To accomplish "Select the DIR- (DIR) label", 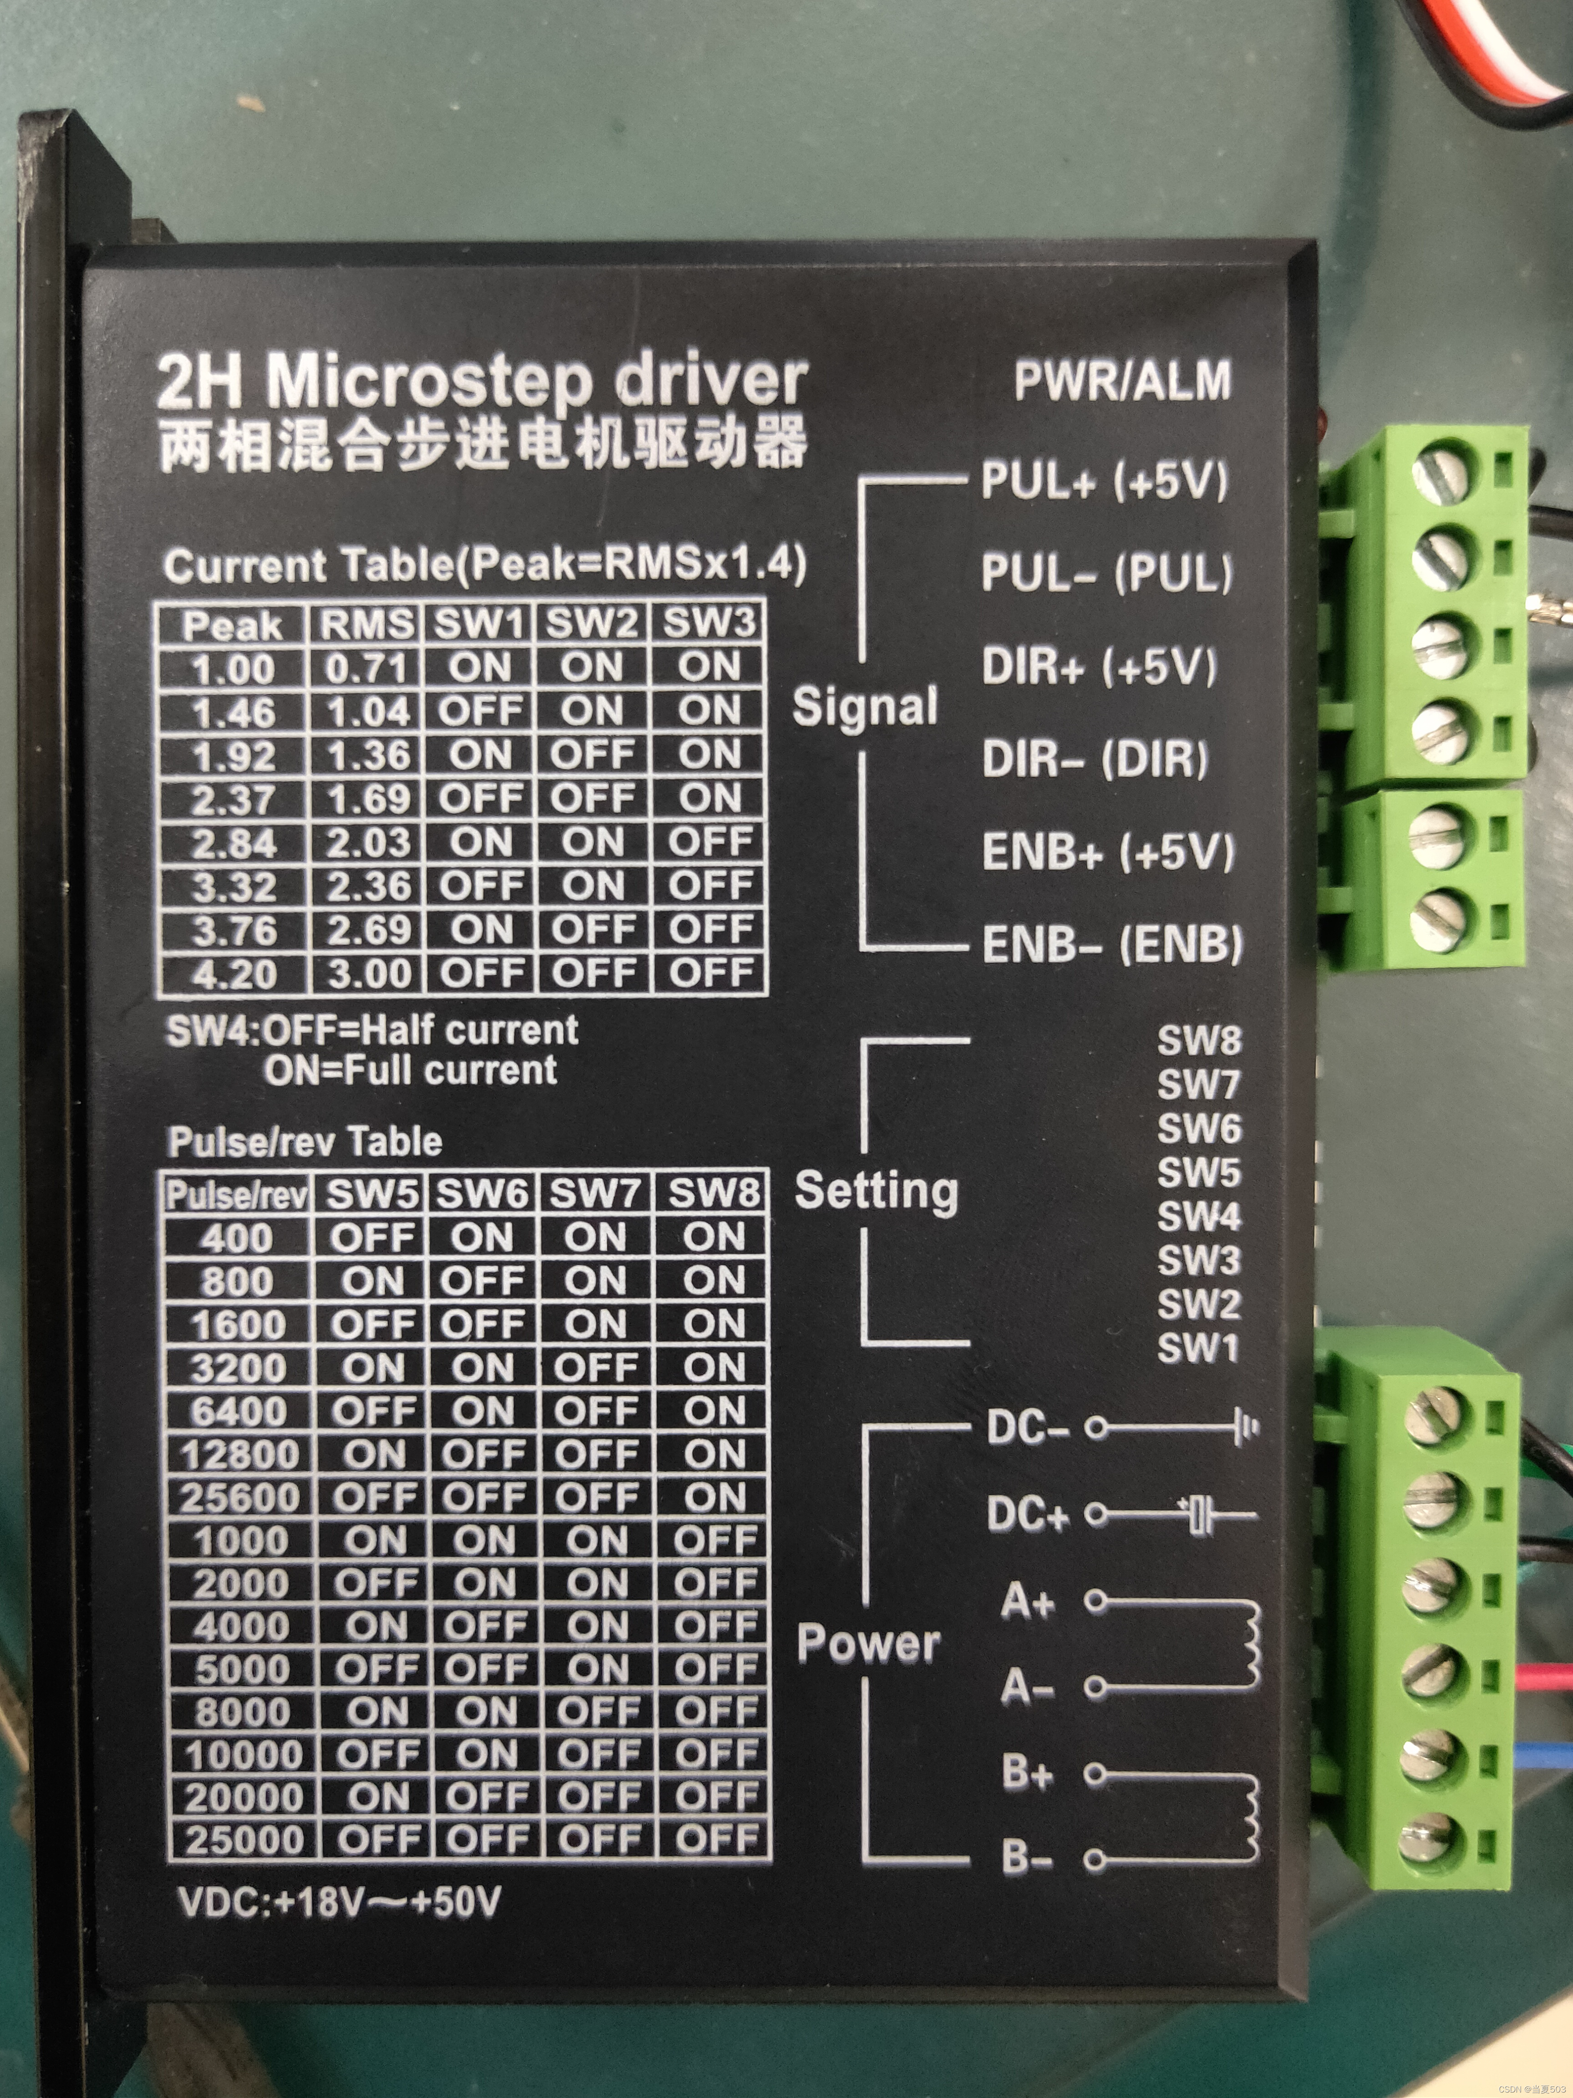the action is point(1095,759).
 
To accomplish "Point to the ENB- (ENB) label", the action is point(1111,944).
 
